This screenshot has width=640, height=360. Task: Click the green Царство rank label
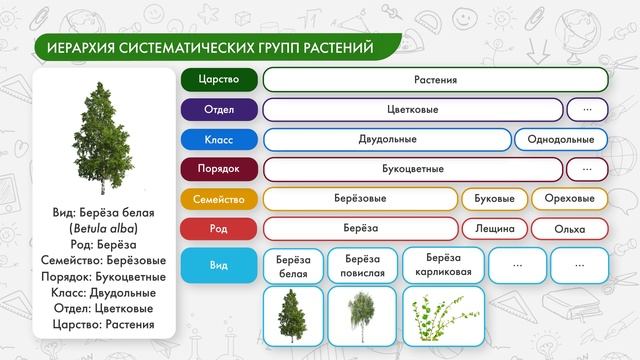point(219,79)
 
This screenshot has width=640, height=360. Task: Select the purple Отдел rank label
point(219,109)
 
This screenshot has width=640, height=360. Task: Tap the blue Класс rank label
point(219,139)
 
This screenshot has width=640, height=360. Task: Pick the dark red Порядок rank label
point(219,169)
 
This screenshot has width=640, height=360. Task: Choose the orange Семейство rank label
point(219,199)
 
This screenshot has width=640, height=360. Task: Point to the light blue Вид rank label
point(219,265)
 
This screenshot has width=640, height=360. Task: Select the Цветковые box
point(412,109)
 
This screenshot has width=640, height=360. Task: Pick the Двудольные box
point(387,139)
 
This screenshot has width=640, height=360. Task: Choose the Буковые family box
point(493,199)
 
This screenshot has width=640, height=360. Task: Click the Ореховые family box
point(569,199)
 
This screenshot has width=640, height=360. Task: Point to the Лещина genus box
point(493,229)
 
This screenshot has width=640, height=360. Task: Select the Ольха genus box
point(569,229)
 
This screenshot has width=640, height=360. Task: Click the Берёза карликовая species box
point(443,265)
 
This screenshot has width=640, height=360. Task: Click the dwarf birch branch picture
point(443,316)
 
